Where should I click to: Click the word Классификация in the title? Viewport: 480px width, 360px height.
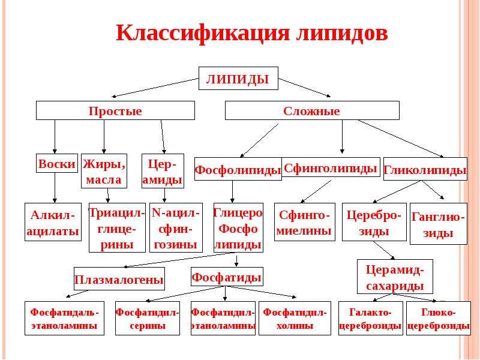pyautogui.click(x=202, y=33)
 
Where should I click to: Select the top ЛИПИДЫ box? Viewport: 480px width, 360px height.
pyautogui.click(x=238, y=79)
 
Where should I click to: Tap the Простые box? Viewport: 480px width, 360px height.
pyautogui.click(x=115, y=110)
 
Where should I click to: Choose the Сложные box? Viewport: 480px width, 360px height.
pyautogui.click(x=312, y=110)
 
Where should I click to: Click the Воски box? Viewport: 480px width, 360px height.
pyautogui.click(x=57, y=163)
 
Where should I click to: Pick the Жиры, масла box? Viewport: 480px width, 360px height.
pyautogui.click(x=104, y=171)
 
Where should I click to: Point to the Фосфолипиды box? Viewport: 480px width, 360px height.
pyautogui.click(x=238, y=169)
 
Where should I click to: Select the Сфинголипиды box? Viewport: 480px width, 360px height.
pyautogui.click(x=331, y=167)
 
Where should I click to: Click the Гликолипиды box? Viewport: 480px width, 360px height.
pyautogui.click(x=425, y=169)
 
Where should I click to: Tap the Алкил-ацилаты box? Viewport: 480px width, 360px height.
pyautogui.click(x=53, y=222)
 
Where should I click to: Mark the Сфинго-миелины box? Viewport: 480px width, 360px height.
pyautogui.click(x=305, y=222)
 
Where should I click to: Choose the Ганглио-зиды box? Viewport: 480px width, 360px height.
pyautogui.click(x=439, y=224)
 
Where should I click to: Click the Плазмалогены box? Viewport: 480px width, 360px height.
pyautogui.click(x=119, y=279)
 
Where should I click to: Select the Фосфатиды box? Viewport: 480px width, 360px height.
pyautogui.click(x=227, y=277)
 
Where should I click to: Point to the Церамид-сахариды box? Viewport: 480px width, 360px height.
pyautogui.click(x=395, y=277)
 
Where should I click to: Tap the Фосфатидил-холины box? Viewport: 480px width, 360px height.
pyautogui.click(x=295, y=319)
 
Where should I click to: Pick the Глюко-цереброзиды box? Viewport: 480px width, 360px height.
pyautogui.click(x=439, y=319)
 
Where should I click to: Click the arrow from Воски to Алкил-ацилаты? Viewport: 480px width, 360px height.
pyautogui.click(x=55, y=188)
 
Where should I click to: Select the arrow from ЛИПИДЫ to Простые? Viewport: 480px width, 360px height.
pyautogui.click(x=155, y=88)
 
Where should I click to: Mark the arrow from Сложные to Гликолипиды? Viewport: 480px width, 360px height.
pyautogui.click(x=401, y=139)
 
